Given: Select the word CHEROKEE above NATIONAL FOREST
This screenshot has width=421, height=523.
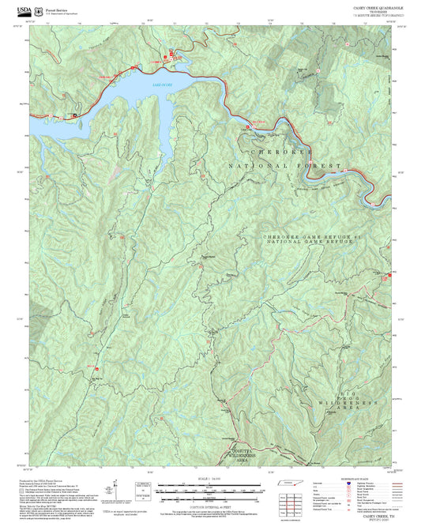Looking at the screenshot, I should tap(281, 151).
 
